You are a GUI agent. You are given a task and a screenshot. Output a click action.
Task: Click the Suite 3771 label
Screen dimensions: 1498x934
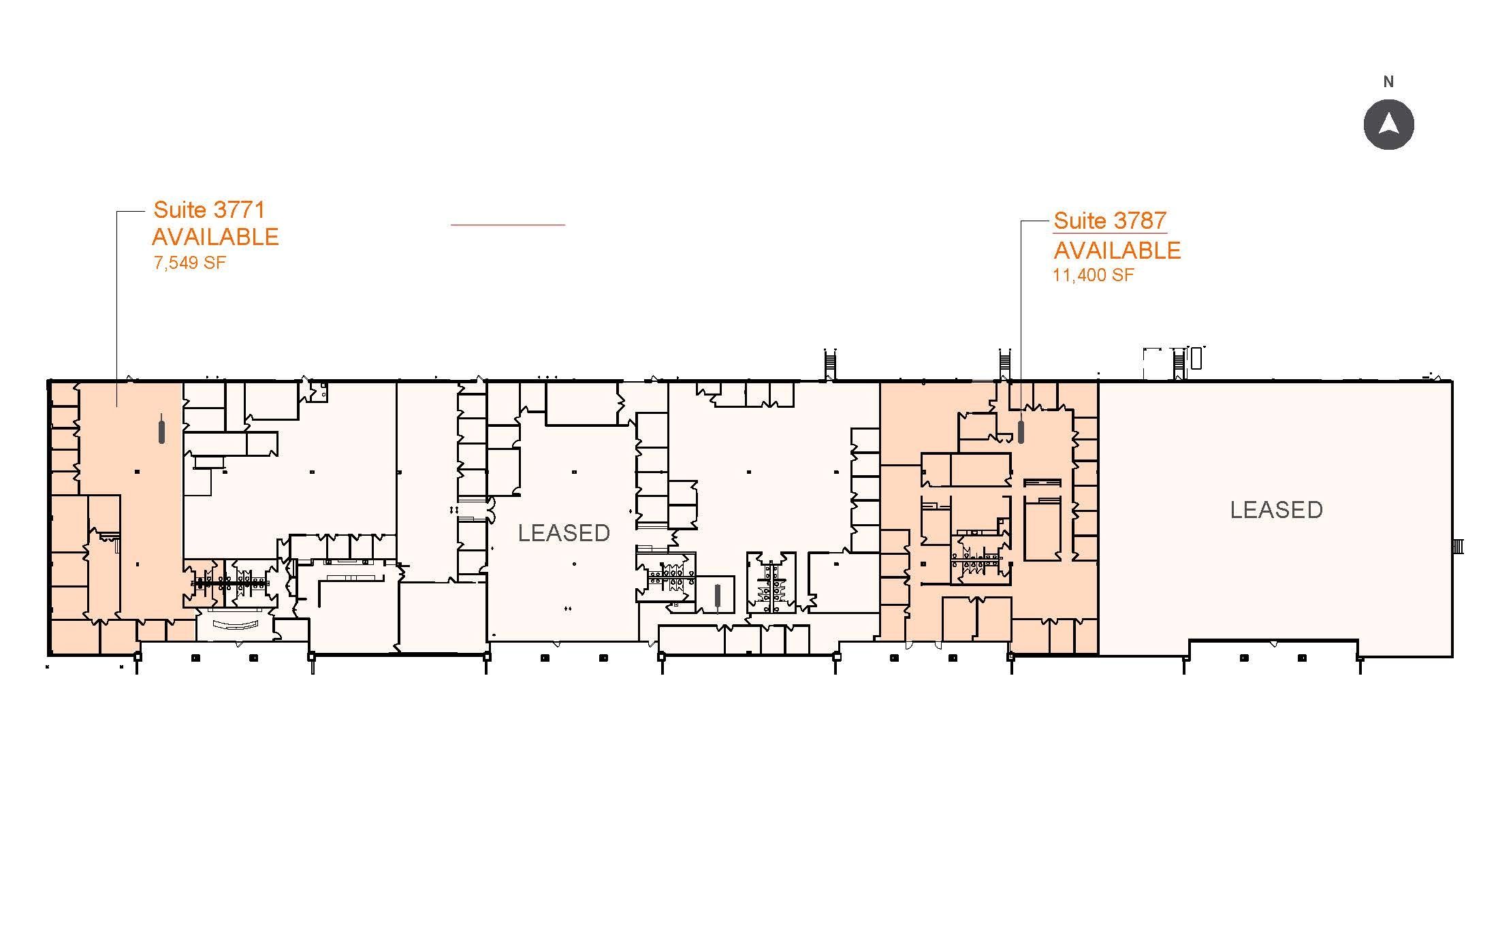(209, 209)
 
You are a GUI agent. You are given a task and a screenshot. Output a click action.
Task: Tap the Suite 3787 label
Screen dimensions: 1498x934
(1110, 221)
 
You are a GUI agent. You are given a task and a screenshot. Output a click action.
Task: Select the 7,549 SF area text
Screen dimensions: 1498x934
(189, 263)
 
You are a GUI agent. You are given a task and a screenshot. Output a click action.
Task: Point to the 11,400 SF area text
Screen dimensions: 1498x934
(1094, 276)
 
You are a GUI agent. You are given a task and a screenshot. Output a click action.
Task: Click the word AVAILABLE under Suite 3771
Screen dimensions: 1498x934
(215, 237)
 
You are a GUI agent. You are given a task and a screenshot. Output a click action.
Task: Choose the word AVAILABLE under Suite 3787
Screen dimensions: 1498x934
(1117, 251)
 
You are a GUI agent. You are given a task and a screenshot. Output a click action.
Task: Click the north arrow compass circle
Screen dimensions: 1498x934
(1388, 125)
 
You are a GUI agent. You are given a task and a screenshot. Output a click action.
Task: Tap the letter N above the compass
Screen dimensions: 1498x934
(1388, 82)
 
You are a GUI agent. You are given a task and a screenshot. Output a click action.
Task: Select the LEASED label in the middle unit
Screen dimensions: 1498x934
(564, 533)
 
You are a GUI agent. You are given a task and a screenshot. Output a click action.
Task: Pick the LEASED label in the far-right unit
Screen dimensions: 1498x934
(1276, 510)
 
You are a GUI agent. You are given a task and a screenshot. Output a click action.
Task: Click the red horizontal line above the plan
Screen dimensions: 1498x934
(508, 224)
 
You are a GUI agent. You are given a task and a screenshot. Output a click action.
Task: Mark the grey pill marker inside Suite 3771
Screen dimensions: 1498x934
(161, 428)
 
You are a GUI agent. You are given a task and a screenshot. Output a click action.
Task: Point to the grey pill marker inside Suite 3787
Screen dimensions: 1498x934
(1021, 432)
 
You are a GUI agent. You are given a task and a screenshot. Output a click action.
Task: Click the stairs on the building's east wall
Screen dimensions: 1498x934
(1458, 546)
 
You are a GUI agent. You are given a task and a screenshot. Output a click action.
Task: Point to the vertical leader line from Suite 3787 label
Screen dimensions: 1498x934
(1020, 316)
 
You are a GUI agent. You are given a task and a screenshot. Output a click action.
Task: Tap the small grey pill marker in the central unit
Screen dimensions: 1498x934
(717, 596)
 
